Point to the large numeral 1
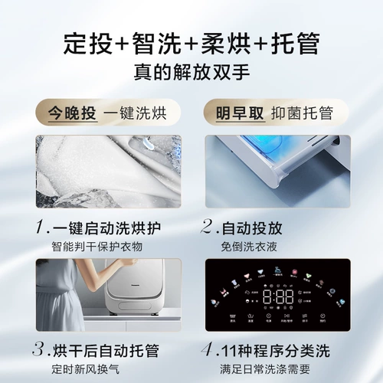tap(41, 227)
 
